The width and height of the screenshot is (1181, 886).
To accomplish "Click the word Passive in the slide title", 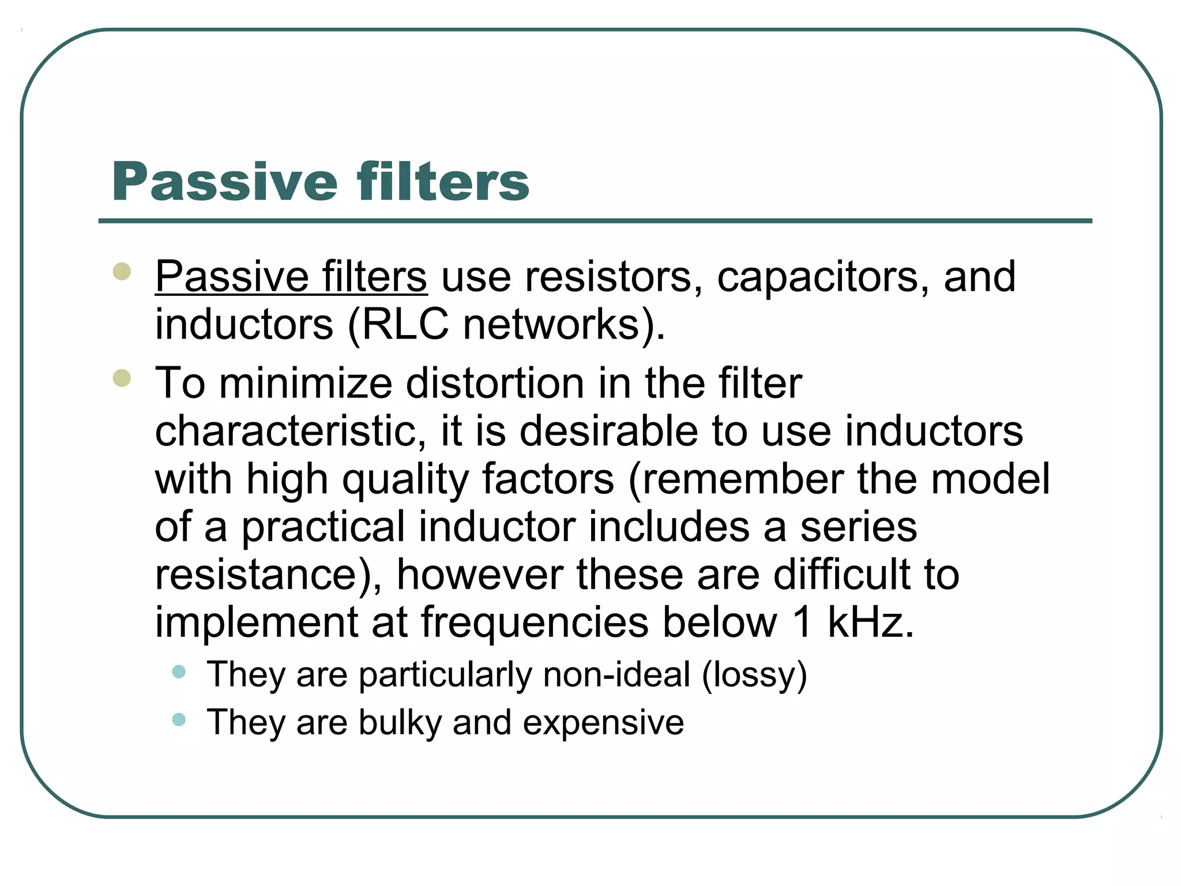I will pos(225,182).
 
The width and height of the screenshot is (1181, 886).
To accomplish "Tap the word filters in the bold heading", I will pos(442,182).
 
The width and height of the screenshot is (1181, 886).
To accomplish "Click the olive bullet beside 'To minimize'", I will pos(122,378).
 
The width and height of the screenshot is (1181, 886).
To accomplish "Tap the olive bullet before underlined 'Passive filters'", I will pos(122,272).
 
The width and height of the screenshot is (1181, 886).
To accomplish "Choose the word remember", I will pos(743,480).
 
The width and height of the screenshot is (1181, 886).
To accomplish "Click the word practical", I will pos(323,527).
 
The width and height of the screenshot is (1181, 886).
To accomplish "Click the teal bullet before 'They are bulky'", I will pos(179,719).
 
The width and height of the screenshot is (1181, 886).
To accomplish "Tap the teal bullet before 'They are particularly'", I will pos(179,671).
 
